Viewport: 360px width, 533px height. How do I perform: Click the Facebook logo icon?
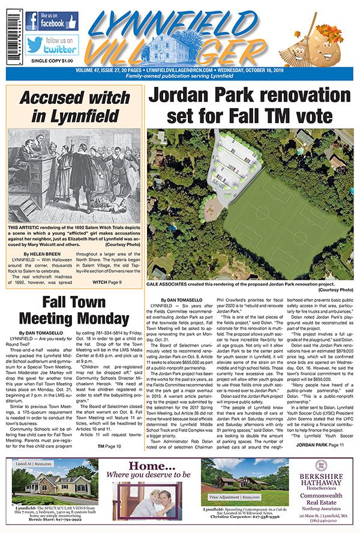tap(32, 22)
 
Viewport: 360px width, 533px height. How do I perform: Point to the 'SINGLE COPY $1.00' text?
tap(47, 61)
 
